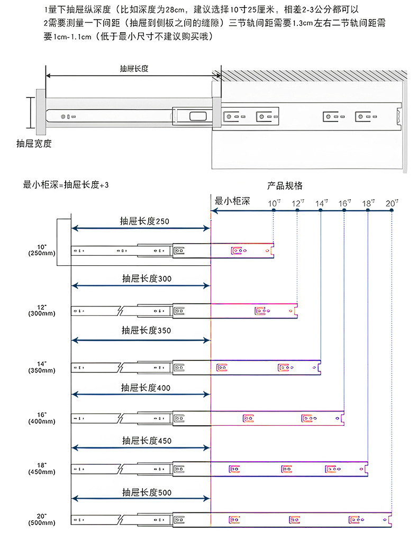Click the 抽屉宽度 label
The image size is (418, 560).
[x=34, y=144]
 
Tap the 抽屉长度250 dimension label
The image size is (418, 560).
[x=144, y=221]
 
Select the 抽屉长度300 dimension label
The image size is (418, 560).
[x=147, y=278]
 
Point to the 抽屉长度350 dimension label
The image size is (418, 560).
[x=146, y=330]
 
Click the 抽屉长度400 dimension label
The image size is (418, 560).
[x=146, y=387]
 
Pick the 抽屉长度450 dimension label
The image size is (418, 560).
[x=147, y=441]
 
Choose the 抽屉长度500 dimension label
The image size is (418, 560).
[x=147, y=492]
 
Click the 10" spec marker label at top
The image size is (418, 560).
[x=274, y=203]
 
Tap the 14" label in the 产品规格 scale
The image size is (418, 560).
[x=322, y=203]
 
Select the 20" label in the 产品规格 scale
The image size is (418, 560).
[x=392, y=203]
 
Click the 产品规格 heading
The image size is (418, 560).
[x=285, y=186]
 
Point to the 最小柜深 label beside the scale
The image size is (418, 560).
[x=232, y=201]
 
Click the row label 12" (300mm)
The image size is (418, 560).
[x=42, y=310]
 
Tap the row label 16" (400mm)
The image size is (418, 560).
[x=42, y=418]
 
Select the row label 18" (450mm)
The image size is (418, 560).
[x=42, y=469]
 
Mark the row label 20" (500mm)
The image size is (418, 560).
[x=42, y=519]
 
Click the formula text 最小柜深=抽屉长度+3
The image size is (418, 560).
[x=66, y=185]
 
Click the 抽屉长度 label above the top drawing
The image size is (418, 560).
[x=134, y=69]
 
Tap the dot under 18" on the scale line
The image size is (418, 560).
[x=368, y=210]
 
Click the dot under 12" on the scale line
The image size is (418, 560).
[x=297, y=210]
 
